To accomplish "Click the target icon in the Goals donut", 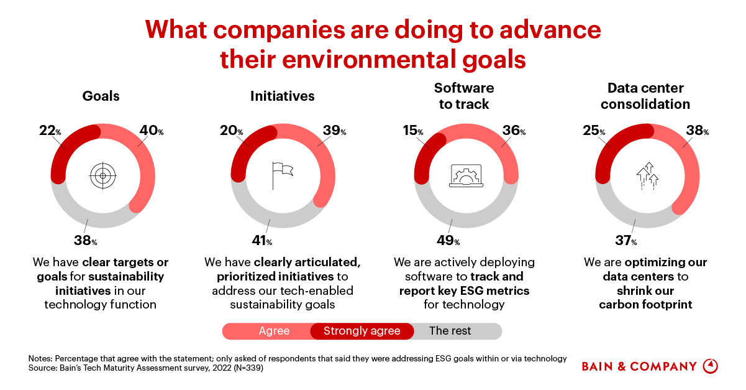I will coord(102,175).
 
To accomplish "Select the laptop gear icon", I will coord(465,175).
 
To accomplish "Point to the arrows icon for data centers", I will coord(647,175).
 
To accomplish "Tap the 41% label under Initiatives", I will coord(262,241).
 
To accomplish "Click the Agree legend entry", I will coord(274,331).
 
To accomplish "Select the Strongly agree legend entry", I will coord(362,331).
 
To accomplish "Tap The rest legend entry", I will coord(450,331).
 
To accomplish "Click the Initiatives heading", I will coord(282,96).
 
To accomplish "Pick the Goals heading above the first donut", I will coord(101,96).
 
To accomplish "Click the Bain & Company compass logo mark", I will coord(710,366).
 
